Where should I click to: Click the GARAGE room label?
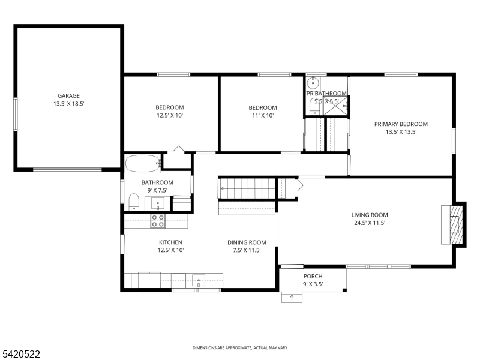pyautogui.click(x=68, y=96)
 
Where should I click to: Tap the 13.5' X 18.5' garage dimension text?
pyautogui.click(x=68, y=104)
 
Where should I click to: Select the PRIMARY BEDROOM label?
pyautogui.click(x=401, y=124)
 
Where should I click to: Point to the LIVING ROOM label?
pyautogui.click(x=370, y=215)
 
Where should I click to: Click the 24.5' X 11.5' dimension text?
pyautogui.click(x=370, y=223)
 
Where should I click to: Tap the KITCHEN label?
pyautogui.click(x=170, y=242)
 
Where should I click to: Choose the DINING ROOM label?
pyautogui.click(x=247, y=242)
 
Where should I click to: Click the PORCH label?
pyautogui.click(x=313, y=276)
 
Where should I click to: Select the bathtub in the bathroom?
pyautogui.click(x=143, y=163)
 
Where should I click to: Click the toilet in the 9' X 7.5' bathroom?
pyautogui.click(x=133, y=202)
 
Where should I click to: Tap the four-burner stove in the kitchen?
pyautogui.click(x=158, y=221)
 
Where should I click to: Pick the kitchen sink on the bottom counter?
pyautogui.click(x=199, y=280)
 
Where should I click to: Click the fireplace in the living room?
pyautogui.click(x=454, y=224)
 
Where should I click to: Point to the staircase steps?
pyautogui.click(x=247, y=188)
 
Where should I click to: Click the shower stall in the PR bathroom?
pyautogui.click(x=336, y=106)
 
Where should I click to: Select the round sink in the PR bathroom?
pyautogui.click(x=313, y=82)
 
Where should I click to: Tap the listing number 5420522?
pyautogui.click(x=20, y=354)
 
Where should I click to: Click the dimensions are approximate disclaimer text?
pyautogui.click(x=240, y=348)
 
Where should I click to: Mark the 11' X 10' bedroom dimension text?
pyautogui.click(x=263, y=115)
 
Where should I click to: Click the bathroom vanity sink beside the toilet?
pyautogui.click(x=158, y=203)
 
